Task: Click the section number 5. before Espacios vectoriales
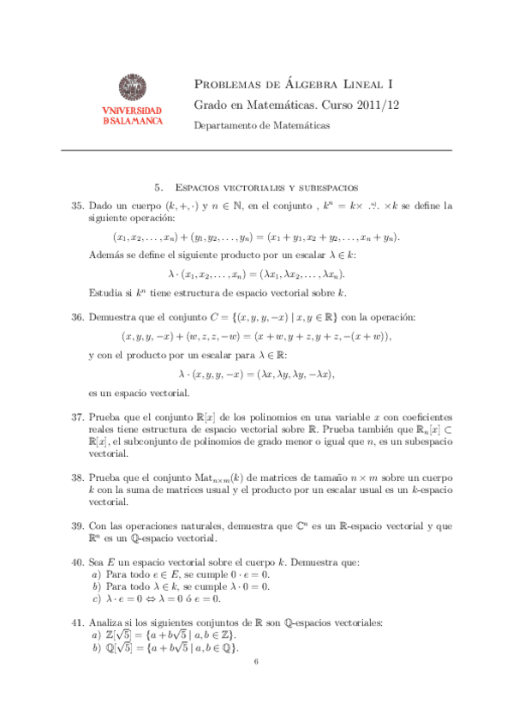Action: (x=158, y=187)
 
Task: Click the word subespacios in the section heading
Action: (x=324, y=187)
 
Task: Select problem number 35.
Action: (x=76, y=206)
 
